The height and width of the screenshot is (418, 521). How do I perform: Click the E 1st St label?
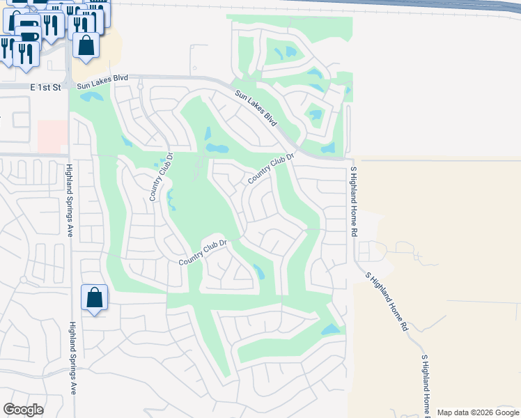pos(46,87)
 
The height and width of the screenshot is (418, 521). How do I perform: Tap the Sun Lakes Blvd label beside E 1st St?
pos(102,82)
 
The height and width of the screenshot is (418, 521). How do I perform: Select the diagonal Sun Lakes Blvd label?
pos(256,109)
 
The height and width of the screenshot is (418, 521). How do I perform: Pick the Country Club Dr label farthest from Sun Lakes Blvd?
pos(203,252)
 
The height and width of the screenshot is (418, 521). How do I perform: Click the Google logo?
pos(24,410)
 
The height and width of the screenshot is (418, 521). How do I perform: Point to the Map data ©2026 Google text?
pos(478,412)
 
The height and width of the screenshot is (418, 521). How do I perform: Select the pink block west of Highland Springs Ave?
pos(53,136)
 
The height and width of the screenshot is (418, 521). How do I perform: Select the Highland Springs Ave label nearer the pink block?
pos(70,200)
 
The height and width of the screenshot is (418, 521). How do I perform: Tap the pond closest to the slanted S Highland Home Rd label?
pos(330,329)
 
